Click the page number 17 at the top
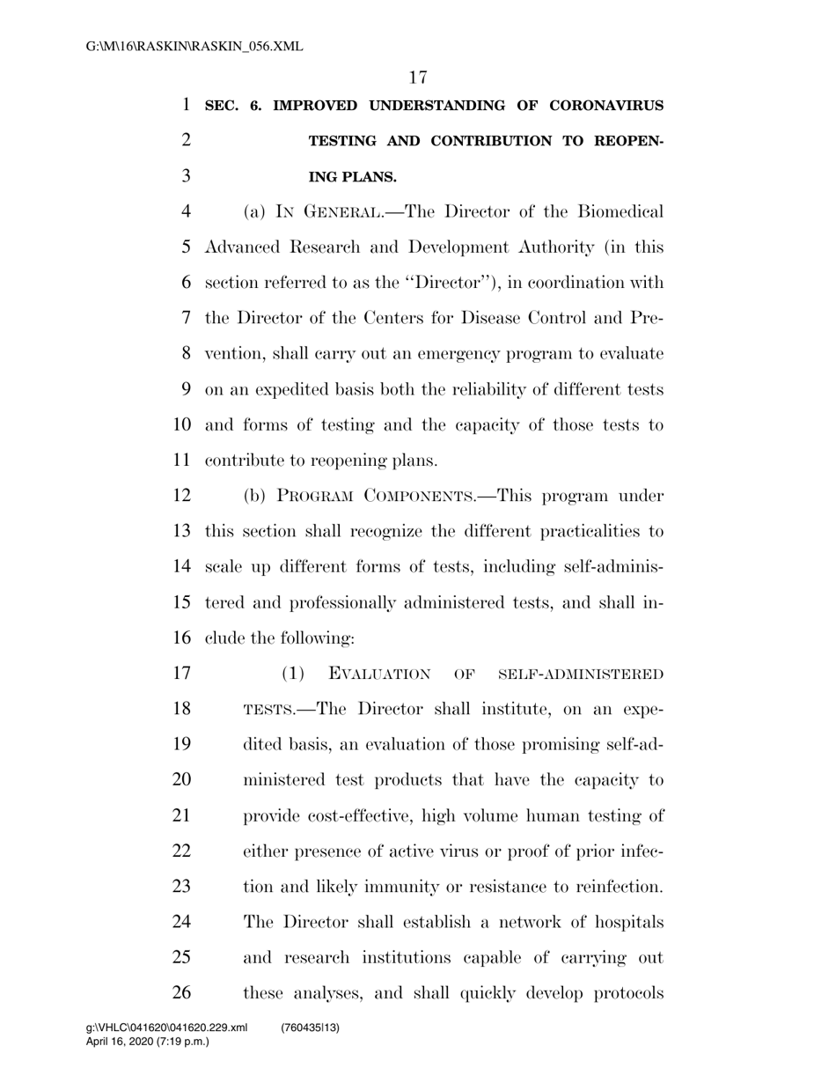click(418, 77)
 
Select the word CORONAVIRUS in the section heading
click(606, 107)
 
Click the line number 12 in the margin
click(181, 496)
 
